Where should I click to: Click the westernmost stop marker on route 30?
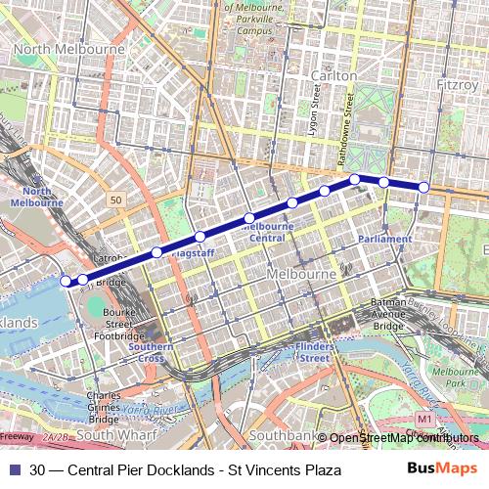(67, 281)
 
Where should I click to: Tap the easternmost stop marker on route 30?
(423, 187)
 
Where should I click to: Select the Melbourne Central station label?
(262, 232)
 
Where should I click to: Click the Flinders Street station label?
(313, 352)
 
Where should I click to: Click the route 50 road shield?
(117, 200)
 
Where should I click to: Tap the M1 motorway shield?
(422, 419)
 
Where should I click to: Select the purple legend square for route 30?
(13, 470)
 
